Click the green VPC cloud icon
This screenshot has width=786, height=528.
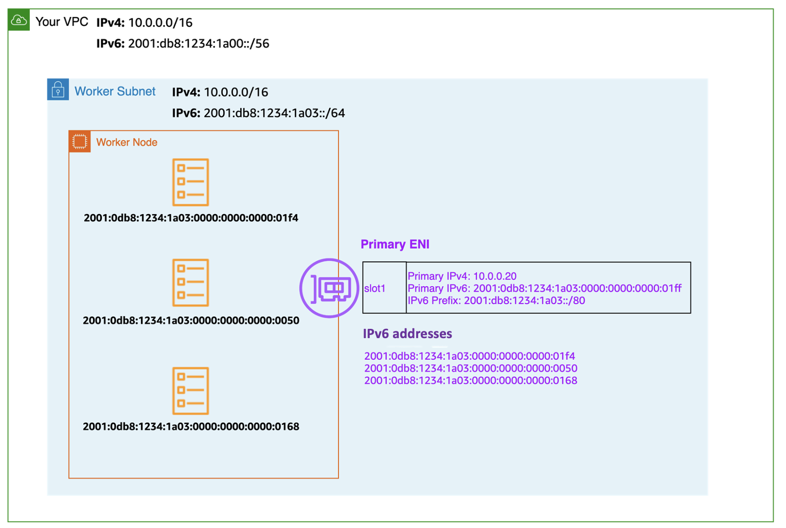coord(19,21)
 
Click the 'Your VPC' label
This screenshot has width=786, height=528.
coord(61,22)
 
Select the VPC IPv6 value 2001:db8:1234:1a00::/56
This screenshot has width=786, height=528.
coord(198,44)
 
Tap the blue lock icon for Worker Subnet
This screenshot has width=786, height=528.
coord(58,90)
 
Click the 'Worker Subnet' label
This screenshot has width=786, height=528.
coord(115,92)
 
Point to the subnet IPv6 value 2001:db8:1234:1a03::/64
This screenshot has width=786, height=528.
coord(274,113)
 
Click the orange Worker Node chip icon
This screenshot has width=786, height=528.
coord(80,142)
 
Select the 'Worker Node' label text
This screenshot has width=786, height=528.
coord(127,143)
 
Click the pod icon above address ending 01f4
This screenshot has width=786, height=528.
coord(190,182)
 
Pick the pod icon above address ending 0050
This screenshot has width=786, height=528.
coord(190,283)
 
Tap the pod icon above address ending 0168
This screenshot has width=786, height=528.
coord(190,391)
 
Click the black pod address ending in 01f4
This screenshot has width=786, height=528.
coord(191,218)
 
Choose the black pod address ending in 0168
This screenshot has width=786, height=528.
coord(191,427)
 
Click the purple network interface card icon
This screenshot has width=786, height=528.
coord(329,288)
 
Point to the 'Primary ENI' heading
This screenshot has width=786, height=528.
coord(395,244)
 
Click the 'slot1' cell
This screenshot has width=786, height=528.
coord(375,289)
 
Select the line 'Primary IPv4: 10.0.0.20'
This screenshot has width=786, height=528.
coord(462,276)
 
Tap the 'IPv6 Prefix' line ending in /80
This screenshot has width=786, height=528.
coord(496,301)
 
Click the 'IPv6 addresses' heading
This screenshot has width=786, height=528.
coord(407,334)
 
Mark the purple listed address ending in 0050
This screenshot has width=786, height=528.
coord(470,368)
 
